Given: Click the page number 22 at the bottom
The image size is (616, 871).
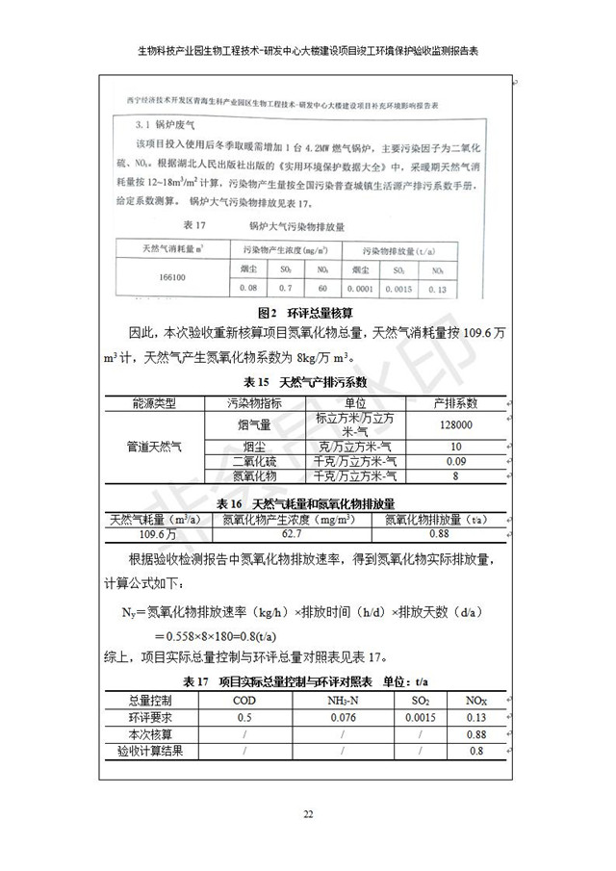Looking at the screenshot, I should click(309, 814).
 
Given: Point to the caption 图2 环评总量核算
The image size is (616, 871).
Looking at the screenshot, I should click(307, 313).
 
